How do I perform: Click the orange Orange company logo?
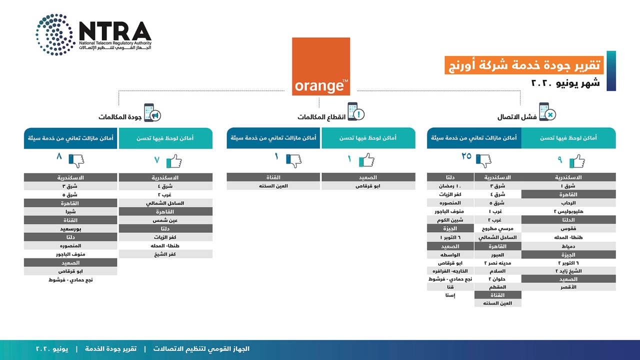point(321,66)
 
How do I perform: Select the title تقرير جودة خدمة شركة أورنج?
point(524,65)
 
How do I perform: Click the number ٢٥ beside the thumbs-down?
point(466,156)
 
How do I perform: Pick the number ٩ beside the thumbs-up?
point(560,160)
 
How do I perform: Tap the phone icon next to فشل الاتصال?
point(546,112)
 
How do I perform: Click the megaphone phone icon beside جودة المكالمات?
point(151,112)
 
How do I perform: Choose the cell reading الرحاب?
point(568,203)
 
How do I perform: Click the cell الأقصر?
point(568,287)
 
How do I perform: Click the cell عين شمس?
point(165,220)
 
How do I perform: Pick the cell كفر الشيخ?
point(165,254)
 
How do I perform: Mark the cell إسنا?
point(450,295)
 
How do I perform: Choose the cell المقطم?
point(497,287)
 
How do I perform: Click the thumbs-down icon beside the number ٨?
point(76,160)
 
